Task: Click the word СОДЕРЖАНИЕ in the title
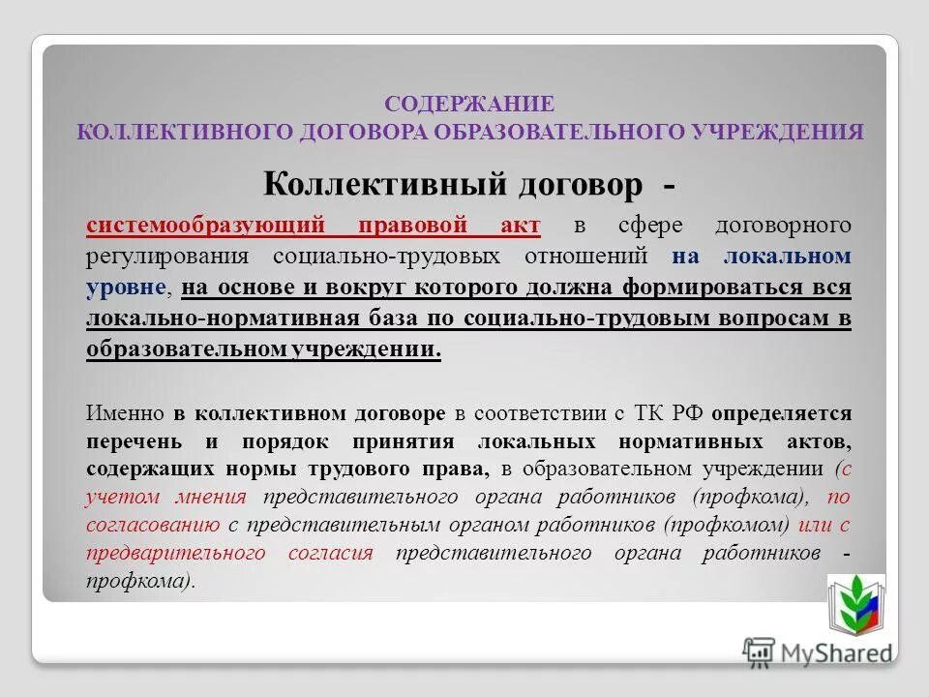[469, 104]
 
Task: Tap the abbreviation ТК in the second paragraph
[645, 413]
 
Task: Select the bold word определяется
[781, 413]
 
